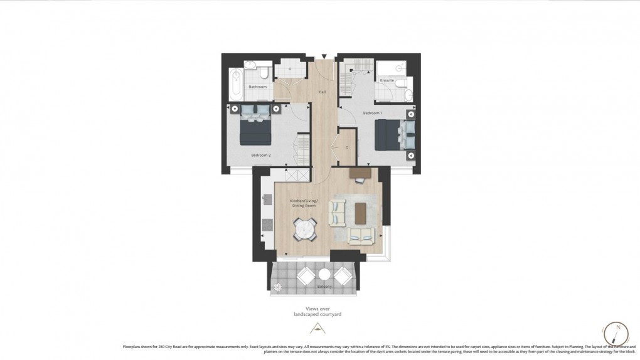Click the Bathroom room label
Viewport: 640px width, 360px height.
point(257,87)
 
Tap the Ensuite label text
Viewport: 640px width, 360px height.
point(387,80)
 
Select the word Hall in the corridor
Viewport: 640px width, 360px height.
point(323,92)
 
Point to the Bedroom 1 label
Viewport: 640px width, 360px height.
point(373,113)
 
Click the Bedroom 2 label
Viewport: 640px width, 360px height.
point(260,154)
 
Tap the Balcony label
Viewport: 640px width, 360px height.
point(324,287)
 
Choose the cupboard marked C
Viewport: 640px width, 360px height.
point(346,148)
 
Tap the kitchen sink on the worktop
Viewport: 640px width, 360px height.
point(266,199)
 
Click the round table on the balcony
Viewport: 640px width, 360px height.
point(324,275)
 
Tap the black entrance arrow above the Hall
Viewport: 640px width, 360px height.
point(324,56)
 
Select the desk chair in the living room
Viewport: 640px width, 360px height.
point(359,180)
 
